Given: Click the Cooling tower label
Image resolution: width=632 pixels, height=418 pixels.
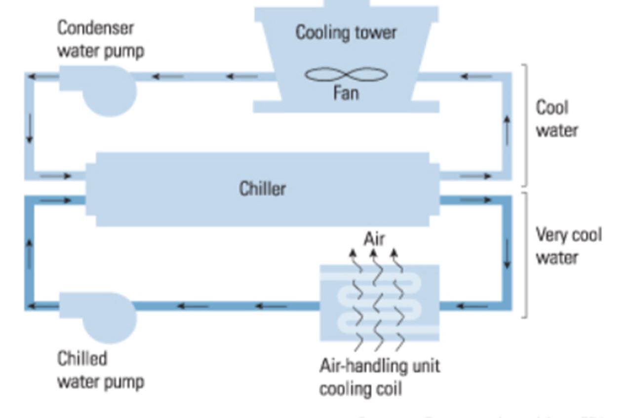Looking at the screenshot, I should [x=346, y=33].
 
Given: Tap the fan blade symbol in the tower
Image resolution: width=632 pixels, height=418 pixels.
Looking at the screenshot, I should [x=346, y=75].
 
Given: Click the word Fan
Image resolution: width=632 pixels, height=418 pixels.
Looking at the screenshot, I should [x=346, y=93].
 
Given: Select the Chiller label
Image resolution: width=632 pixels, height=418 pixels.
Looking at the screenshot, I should [x=262, y=189].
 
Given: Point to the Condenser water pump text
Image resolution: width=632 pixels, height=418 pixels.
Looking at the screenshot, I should [x=101, y=39].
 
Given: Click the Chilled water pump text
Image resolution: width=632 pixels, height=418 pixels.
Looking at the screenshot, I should [x=101, y=370].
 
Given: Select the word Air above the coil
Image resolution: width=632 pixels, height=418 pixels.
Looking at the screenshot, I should [x=374, y=239].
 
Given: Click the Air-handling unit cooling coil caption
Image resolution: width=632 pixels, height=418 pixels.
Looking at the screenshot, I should [x=379, y=378].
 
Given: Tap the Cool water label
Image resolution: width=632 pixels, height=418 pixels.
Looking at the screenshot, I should [x=556, y=119].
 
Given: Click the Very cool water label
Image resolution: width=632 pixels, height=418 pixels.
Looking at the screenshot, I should [x=568, y=246].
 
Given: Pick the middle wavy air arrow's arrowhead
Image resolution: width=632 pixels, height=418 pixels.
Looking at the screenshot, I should [x=374, y=254].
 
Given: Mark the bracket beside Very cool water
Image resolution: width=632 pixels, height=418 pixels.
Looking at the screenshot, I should [x=525, y=254].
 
